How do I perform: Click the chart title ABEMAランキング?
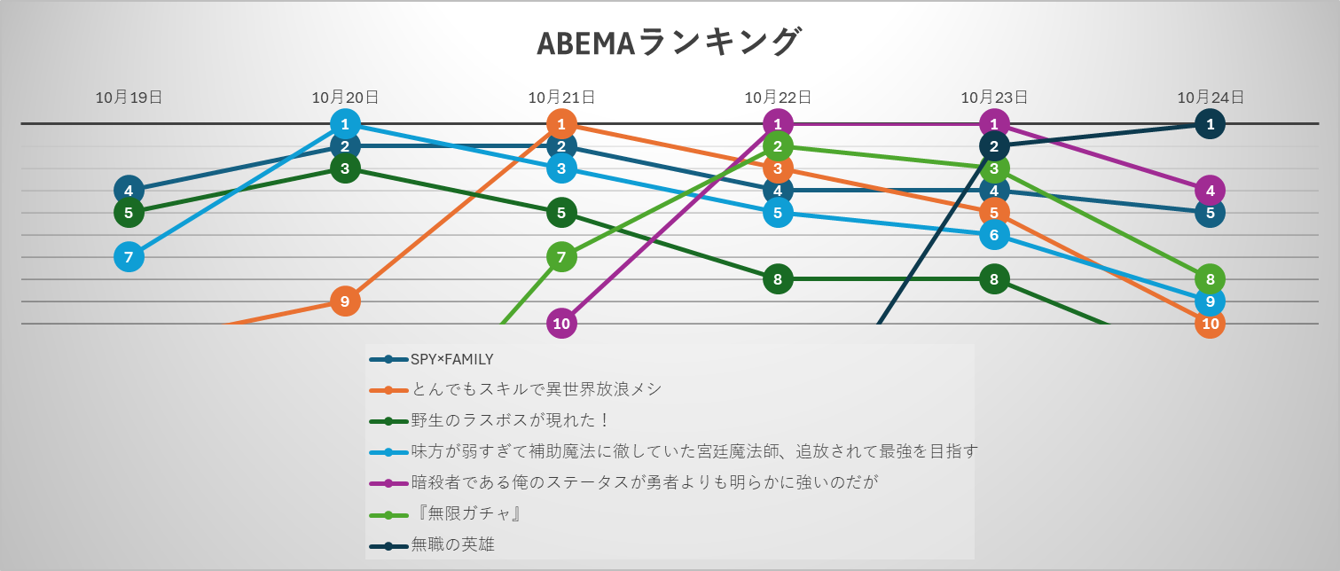click(x=669, y=43)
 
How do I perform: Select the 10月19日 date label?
click(x=129, y=98)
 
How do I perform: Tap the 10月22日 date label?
click(x=778, y=98)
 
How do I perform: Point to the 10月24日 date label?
click(x=1211, y=98)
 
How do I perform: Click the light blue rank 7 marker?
click(x=129, y=257)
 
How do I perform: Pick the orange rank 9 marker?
click(x=345, y=301)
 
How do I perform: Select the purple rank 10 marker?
click(x=561, y=324)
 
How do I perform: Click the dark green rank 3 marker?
click(x=345, y=168)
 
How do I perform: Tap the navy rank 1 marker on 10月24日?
click(x=1211, y=124)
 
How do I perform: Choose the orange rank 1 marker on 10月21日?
click(x=561, y=124)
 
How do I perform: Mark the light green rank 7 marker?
click(x=561, y=257)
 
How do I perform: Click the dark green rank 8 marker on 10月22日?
click(x=778, y=279)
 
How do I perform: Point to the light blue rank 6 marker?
click(x=994, y=235)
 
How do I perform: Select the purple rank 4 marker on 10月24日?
click(x=1211, y=190)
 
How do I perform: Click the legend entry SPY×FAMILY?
click(x=451, y=359)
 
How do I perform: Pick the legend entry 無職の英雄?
click(x=452, y=544)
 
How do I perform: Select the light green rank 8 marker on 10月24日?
click(x=1211, y=278)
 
